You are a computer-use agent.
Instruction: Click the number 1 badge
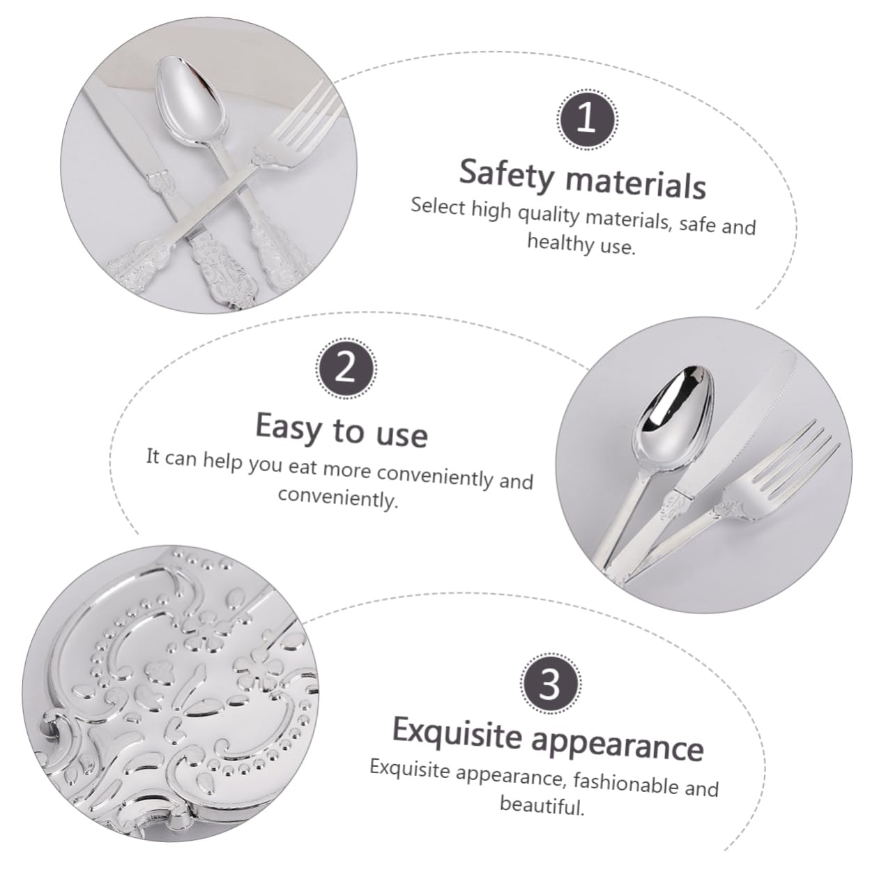pos(587,119)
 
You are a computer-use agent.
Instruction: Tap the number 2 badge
pos(346,368)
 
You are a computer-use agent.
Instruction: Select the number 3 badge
pos(550,682)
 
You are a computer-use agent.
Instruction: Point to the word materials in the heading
pos(636,181)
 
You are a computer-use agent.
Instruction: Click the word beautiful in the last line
pos(541,805)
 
